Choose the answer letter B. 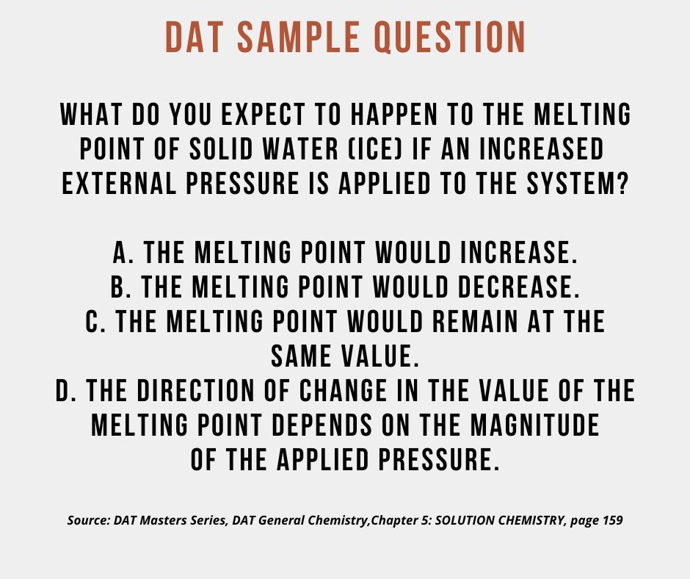click(120, 287)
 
